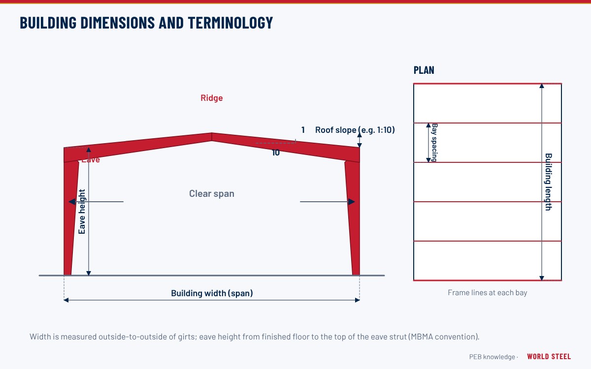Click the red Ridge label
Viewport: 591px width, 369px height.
point(212,98)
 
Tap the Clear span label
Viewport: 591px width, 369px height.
point(212,194)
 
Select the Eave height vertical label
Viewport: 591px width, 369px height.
point(82,212)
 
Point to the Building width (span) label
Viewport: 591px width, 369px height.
point(212,293)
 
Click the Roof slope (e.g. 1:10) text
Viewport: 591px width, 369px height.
point(355,130)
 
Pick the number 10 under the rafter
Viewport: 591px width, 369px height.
point(276,153)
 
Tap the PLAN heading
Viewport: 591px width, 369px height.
point(424,70)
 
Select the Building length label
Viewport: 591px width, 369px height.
point(549,182)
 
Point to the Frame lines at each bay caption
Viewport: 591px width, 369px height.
point(487,293)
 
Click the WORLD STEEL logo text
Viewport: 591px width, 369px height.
point(549,356)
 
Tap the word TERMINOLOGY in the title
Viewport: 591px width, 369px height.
point(230,23)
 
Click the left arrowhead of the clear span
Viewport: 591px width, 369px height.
point(72,202)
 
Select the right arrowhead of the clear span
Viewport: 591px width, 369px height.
point(352,202)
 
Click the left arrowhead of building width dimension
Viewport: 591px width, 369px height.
point(66,300)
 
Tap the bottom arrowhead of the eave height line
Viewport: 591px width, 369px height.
point(89,273)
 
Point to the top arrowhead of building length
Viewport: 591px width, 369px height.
point(542,86)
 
